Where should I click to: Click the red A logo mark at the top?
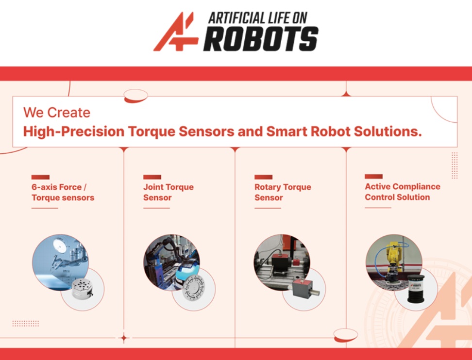(x=176, y=32)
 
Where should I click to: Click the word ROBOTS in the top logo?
(x=261, y=39)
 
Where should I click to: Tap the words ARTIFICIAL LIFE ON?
(x=258, y=18)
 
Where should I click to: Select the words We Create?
(x=57, y=113)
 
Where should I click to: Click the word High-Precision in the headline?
(x=74, y=132)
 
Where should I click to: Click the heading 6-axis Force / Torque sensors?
(x=63, y=193)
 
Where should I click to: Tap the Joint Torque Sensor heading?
(x=169, y=192)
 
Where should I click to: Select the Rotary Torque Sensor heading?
(x=283, y=192)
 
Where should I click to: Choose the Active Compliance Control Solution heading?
(x=403, y=192)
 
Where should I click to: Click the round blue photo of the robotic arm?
(x=61, y=262)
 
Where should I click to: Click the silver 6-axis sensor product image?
(x=83, y=289)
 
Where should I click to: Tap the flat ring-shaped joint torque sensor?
(x=194, y=288)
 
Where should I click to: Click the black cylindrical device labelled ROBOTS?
(x=416, y=288)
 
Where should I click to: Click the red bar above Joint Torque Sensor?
(x=152, y=177)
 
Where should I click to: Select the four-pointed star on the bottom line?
(x=123, y=338)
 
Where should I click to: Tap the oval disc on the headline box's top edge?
(x=136, y=96)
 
